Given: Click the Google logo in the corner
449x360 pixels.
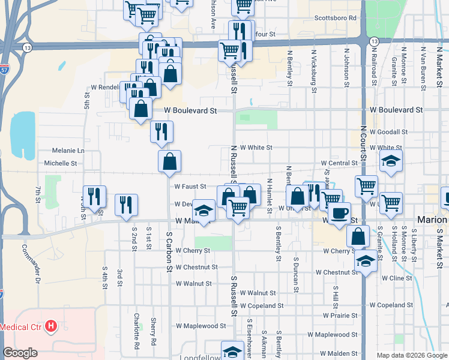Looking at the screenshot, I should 20,353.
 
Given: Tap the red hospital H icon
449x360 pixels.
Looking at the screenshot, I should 52,327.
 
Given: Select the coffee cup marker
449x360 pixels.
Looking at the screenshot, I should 339,212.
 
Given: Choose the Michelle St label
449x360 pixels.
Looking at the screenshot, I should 61,163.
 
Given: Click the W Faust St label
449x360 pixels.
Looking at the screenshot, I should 190,187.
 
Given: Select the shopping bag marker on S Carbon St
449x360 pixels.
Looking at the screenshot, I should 169,161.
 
